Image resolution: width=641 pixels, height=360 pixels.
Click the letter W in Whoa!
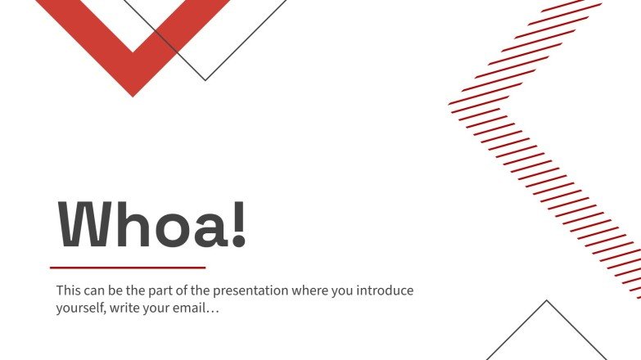84,224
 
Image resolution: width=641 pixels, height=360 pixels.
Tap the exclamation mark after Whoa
238,224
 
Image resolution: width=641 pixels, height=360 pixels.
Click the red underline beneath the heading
128,267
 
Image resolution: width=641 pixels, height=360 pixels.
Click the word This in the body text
68,290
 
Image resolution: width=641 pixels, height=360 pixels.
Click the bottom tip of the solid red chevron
133,95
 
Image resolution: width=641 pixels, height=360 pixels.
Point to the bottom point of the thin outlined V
205,80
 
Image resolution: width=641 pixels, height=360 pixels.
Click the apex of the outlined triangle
546,301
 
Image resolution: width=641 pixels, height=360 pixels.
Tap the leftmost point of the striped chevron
450,103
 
